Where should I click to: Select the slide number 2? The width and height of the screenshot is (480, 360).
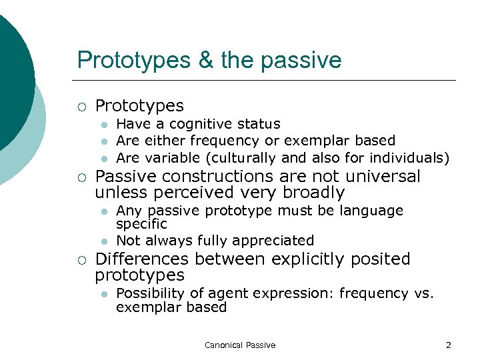(x=449, y=345)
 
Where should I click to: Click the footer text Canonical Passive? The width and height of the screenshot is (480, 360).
(x=240, y=345)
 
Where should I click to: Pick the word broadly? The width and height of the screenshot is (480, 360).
(x=313, y=193)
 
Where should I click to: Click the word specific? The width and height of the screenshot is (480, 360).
(x=141, y=224)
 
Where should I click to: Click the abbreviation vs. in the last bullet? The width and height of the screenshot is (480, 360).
(x=423, y=293)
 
